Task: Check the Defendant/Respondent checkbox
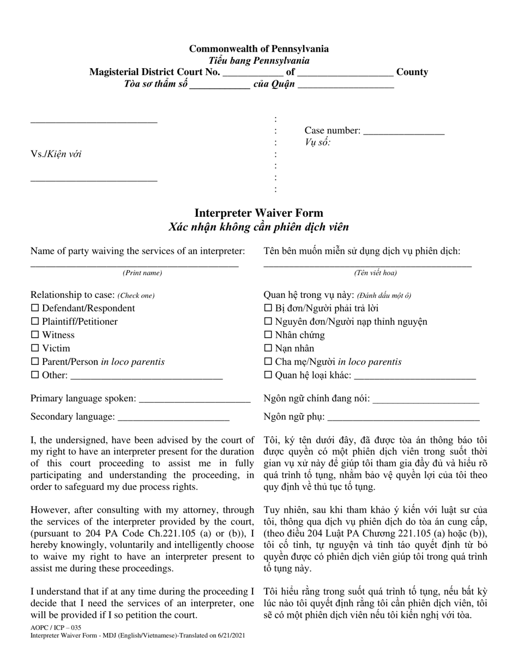35,308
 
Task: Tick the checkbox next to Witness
35,335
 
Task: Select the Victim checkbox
35,349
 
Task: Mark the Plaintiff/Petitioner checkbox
35,322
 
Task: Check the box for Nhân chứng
268,335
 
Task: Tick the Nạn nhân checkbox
268,349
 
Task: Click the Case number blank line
403,131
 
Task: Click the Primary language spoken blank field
195,399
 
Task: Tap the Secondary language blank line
173,418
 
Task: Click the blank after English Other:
147,376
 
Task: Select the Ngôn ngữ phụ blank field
403,418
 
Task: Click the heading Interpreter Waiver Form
259,213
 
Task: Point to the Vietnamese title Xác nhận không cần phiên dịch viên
259,227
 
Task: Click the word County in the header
412,72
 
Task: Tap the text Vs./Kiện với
56,154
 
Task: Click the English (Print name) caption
142,273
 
